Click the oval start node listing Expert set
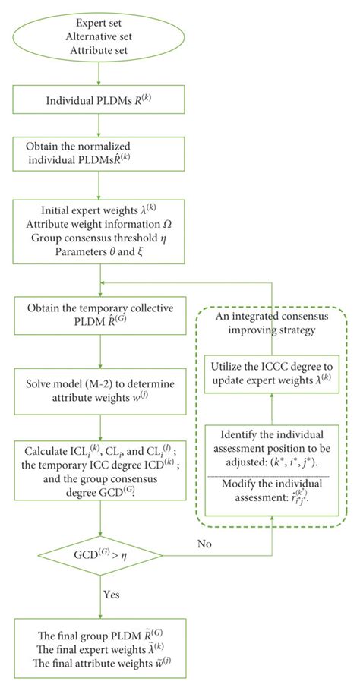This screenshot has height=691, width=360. pyautogui.click(x=100, y=34)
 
